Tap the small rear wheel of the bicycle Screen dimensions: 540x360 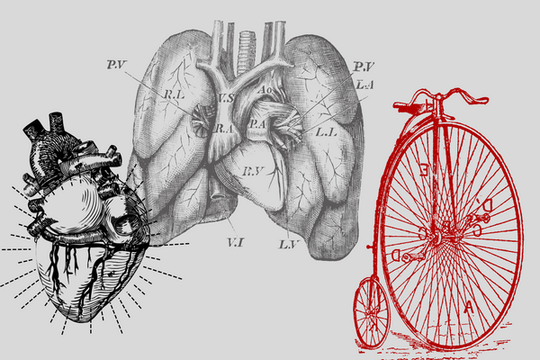372,312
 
